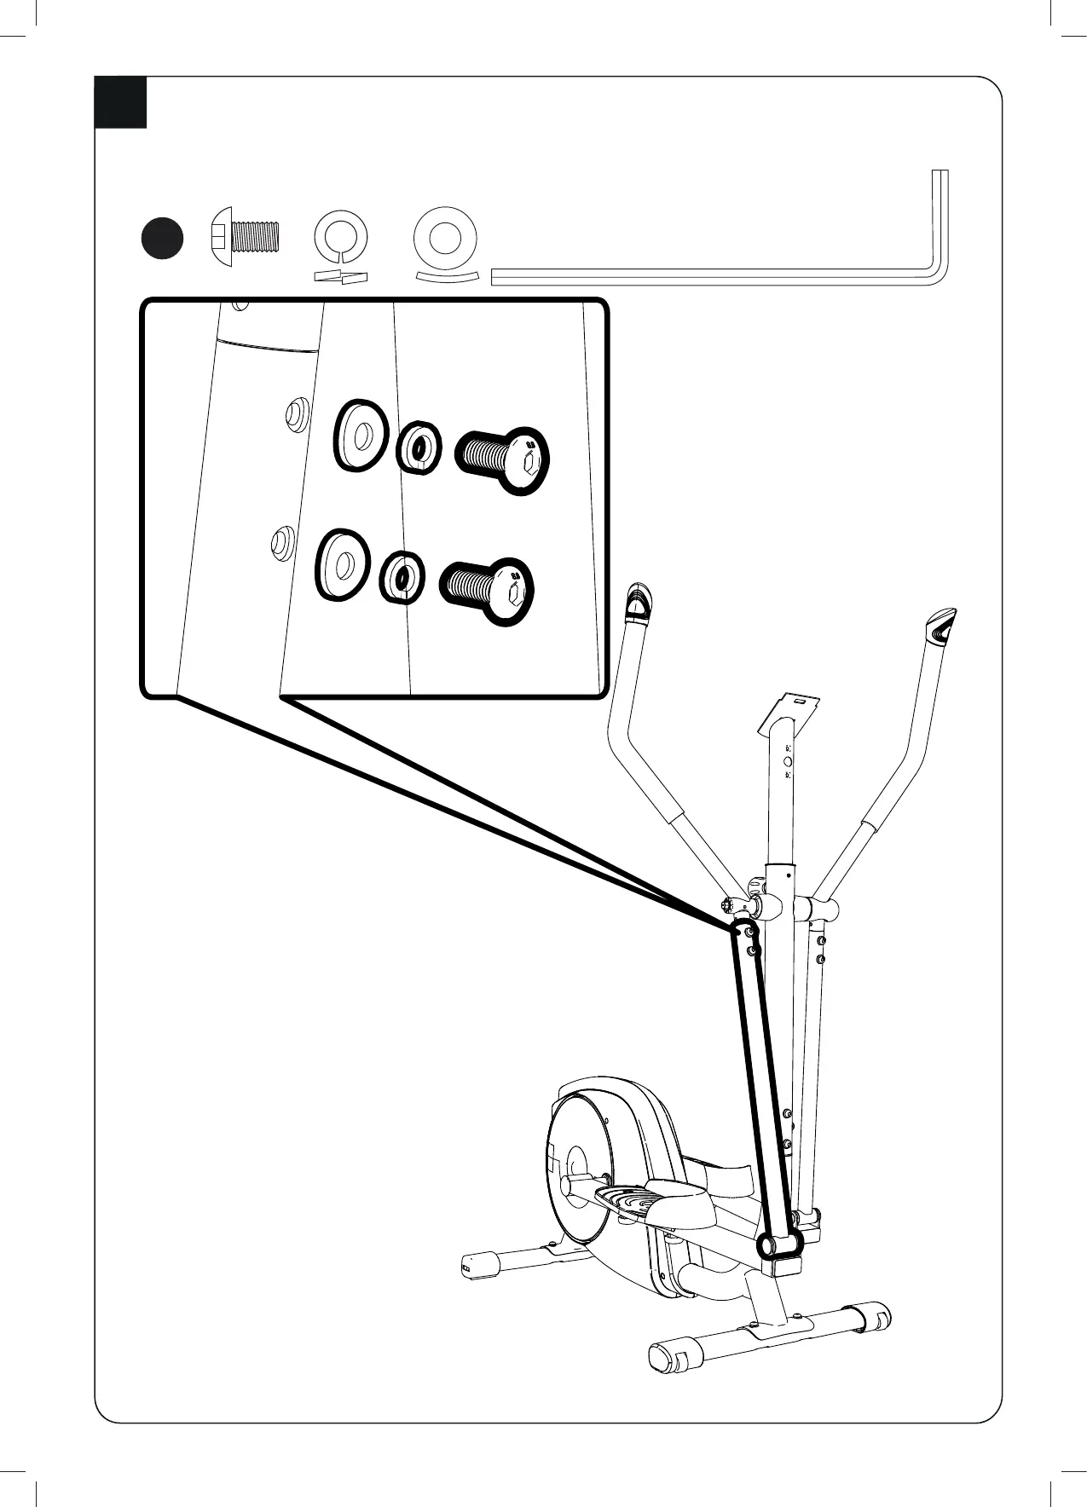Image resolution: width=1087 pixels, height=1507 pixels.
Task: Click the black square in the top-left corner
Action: [x=120, y=102]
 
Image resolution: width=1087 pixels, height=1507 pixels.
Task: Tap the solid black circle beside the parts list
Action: [x=162, y=238]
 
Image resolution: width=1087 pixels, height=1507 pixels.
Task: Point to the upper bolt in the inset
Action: [x=503, y=459]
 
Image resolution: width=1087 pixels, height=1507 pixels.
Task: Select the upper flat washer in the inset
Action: [x=361, y=434]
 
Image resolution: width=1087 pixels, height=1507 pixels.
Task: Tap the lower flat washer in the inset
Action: [x=342, y=564]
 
